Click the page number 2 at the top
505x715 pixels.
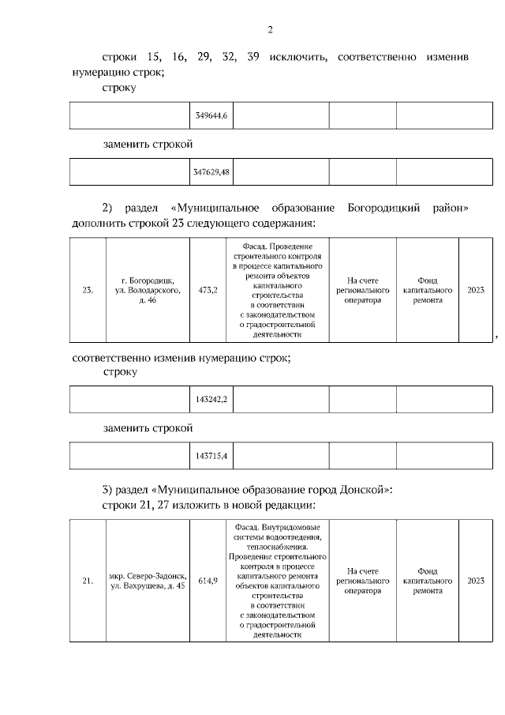pos(270,31)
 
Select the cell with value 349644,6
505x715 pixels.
pos(211,116)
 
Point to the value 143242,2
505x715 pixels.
pos(211,400)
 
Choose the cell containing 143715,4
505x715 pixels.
pos(211,456)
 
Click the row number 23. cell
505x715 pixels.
pos(88,290)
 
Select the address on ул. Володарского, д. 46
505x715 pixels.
pos(148,290)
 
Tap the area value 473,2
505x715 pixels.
pos(208,290)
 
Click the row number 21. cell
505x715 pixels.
pos(88,581)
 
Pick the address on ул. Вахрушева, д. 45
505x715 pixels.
pos(148,581)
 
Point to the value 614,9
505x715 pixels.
pos(208,581)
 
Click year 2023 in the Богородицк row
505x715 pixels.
pos(475,290)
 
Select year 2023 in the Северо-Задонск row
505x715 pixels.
pos(475,581)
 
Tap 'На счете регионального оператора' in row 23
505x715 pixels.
pos(362,290)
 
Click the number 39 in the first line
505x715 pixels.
pos(252,57)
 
